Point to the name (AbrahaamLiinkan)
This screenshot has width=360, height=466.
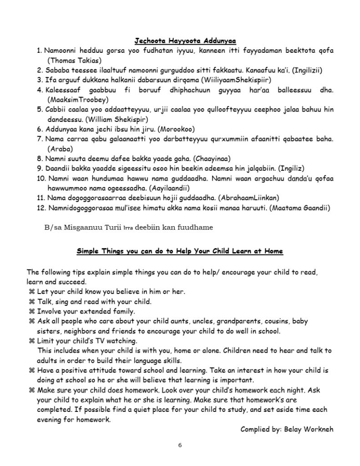[x=249, y=198]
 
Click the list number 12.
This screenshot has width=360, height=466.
[x=41, y=208]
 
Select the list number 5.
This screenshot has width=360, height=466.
[x=40, y=109]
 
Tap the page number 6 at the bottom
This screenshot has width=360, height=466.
[x=180, y=445]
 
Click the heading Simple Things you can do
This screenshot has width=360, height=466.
[x=180, y=251]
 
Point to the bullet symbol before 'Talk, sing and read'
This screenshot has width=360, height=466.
[x=32, y=301]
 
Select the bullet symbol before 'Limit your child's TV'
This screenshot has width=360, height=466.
[x=32, y=340]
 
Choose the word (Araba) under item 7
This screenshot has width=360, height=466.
[x=58, y=148]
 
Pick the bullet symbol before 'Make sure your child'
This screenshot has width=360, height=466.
[x=32, y=390]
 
